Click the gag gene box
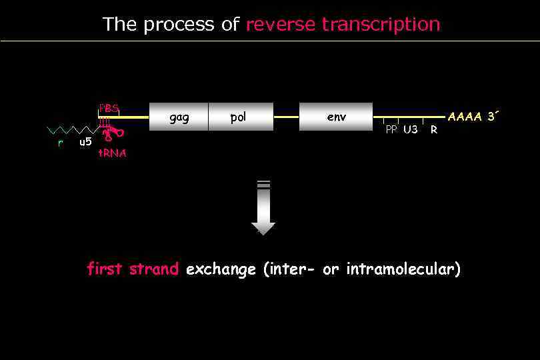(179, 117)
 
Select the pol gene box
(240, 117)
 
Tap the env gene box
(336, 117)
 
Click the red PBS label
(109, 108)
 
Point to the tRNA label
(112, 153)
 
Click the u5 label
(85, 141)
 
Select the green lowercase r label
(60, 142)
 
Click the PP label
(391, 130)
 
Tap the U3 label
(410, 130)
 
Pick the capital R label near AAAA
(434, 130)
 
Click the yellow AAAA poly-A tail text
(465, 117)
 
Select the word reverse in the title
(281, 25)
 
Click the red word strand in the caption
(154, 269)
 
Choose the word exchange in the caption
(221, 269)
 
